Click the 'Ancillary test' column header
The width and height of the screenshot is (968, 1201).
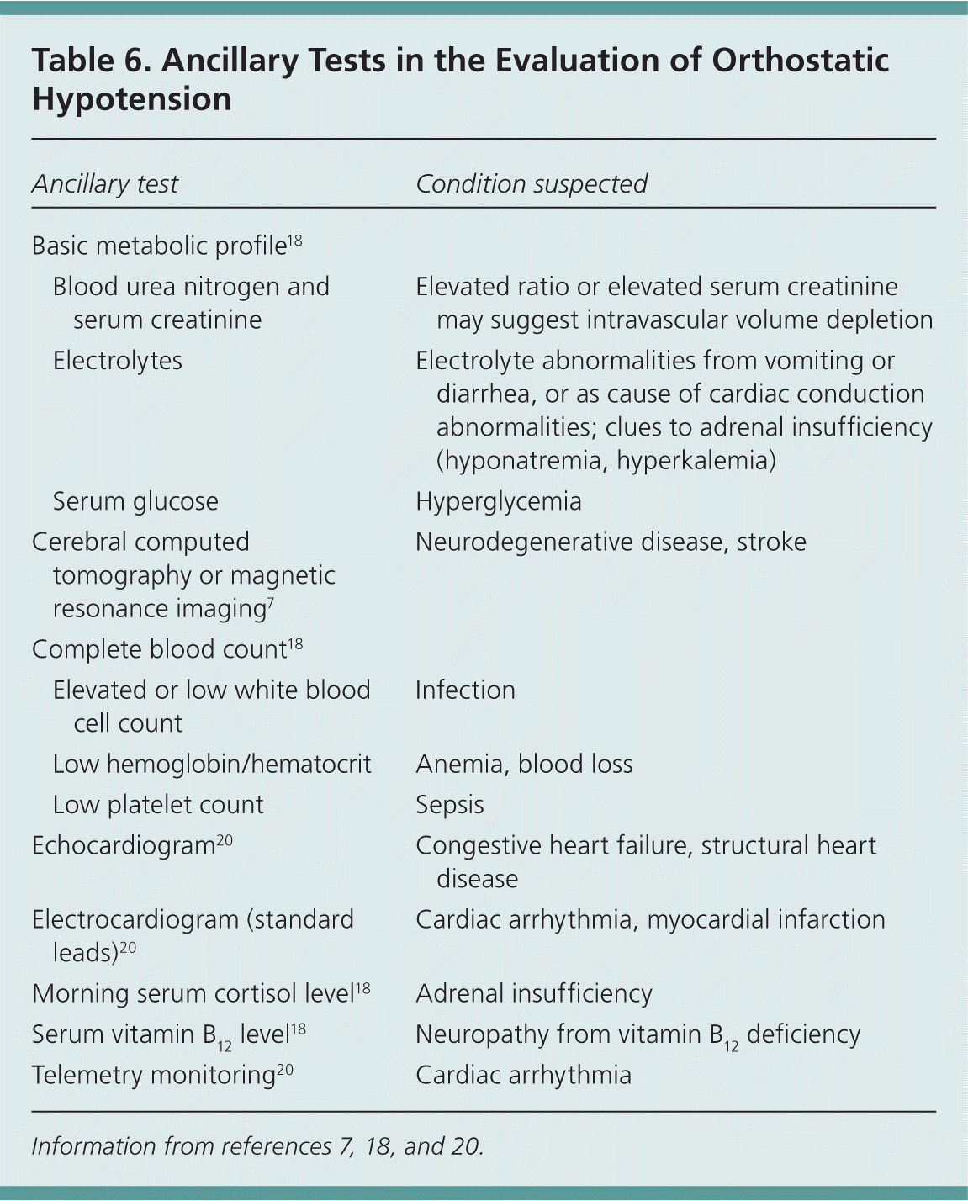tap(105, 184)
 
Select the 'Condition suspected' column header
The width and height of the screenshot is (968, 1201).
tap(532, 184)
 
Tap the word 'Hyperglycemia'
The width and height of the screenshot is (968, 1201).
tap(499, 501)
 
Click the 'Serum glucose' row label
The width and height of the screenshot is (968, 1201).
tap(135, 501)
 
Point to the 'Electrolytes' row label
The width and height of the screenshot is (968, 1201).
tap(118, 361)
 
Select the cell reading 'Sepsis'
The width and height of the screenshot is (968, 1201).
tap(450, 805)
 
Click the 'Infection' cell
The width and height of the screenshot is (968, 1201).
tap(465, 690)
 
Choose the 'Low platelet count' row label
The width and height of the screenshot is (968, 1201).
tap(158, 805)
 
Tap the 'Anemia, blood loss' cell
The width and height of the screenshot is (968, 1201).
tap(524, 764)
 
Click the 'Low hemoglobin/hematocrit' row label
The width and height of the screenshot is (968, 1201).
tap(212, 764)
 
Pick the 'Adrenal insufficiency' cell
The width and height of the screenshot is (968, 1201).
tap(534, 993)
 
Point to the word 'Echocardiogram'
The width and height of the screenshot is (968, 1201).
tap(124, 846)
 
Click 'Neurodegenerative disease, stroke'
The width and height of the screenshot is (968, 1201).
tap(611, 542)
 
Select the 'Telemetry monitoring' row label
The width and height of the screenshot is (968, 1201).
tap(154, 1076)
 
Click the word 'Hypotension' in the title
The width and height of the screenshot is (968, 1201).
tap(132, 99)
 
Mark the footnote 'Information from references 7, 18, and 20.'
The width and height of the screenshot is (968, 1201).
tap(257, 1146)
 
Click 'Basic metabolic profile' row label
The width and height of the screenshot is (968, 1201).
tap(160, 246)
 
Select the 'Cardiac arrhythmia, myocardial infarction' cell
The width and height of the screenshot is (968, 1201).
tap(650, 919)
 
